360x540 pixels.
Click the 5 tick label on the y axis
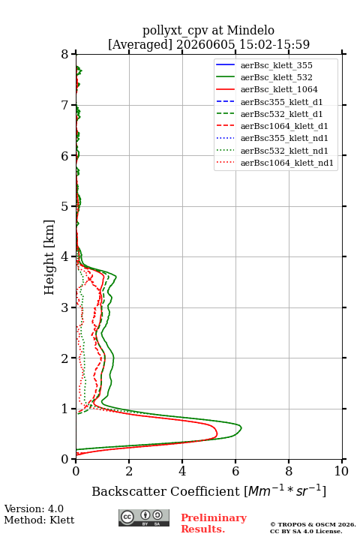[x=65, y=206]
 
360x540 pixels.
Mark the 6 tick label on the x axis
[x=235, y=471]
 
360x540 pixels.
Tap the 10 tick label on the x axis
[x=341, y=471]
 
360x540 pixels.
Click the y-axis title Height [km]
[x=49, y=257]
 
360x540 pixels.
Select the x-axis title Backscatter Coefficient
[x=166, y=491]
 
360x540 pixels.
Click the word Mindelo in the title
[x=250, y=30]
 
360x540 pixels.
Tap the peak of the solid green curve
[x=241, y=428]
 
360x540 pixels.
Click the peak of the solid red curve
[x=217, y=434]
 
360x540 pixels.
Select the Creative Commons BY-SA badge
[x=144, y=518]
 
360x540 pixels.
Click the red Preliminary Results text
[x=214, y=523]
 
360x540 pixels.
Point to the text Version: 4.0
[x=34, y=508]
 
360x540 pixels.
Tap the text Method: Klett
[x=39, y=520]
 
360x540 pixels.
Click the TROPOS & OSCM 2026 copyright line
[x=313, y=524]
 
